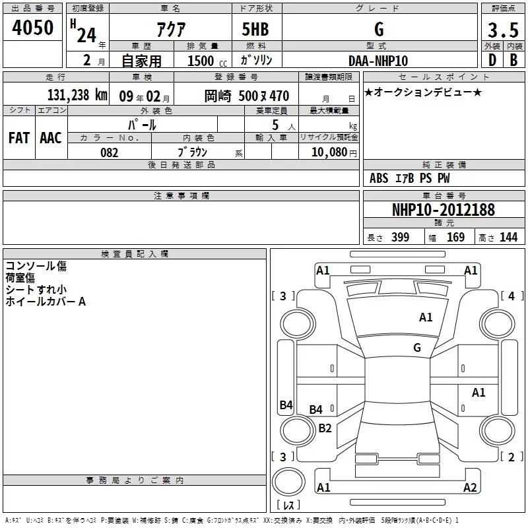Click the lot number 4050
tap(32, 27)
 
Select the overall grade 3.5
tap(503, 30)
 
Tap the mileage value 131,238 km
tap(77, 95)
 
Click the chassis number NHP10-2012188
tap(444, 210)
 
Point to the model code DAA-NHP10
tap(378, 61)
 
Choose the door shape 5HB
tap(255, 29)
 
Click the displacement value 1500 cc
tap(207, 61)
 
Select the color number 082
tap(109, 152)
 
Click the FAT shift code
tap(19, 138)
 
